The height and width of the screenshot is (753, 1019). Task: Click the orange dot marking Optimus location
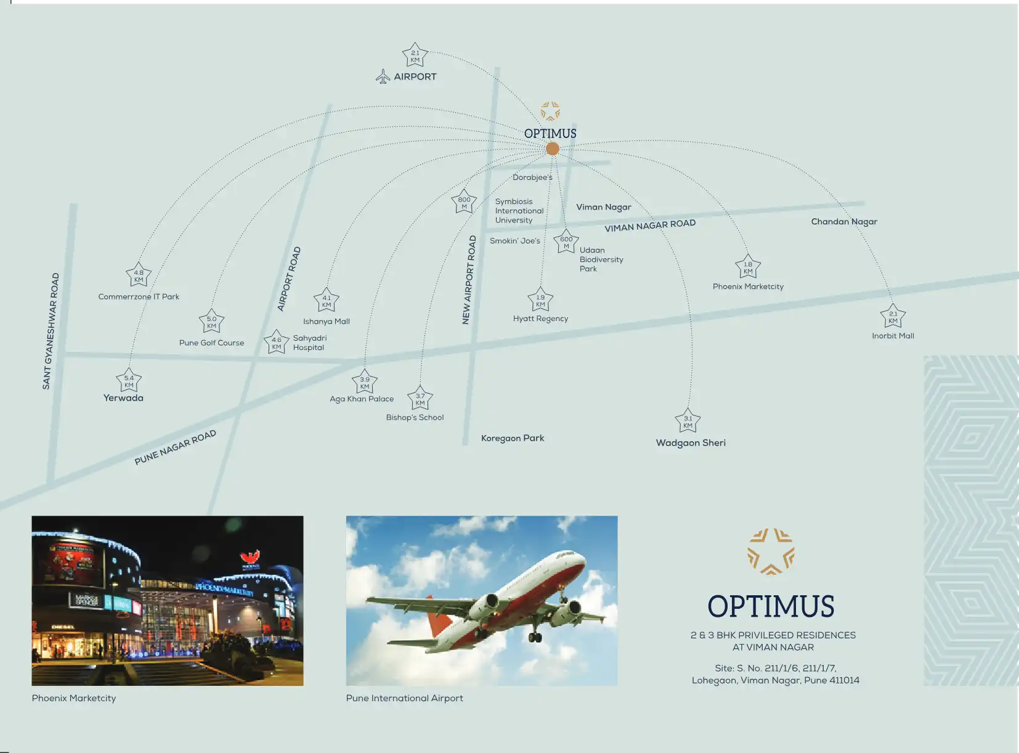coord(553,149)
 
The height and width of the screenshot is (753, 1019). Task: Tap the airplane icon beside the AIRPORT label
coord(383,76)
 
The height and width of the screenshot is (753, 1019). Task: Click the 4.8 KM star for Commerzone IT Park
coord(139,275)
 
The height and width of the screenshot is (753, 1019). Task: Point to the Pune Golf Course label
coord(211,343)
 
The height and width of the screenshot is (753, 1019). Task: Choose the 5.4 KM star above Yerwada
coord(129,381)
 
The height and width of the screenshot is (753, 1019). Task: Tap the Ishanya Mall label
coord(326,321)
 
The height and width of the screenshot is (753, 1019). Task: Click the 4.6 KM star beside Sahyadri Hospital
coord(277,343)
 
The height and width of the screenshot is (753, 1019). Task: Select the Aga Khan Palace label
coord(362,399)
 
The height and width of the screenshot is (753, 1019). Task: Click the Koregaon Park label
coord(513,438)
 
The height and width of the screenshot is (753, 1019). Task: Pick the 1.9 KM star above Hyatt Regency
coord(540,301)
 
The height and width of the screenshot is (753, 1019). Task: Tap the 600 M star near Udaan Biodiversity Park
coord(566,242)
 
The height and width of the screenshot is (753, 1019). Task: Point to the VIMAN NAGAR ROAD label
coord(650,226)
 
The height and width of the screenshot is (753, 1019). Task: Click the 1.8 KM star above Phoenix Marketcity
coord(748,267)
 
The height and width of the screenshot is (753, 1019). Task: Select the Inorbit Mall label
coord(893,336)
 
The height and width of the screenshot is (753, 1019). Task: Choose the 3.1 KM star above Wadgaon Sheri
coord(688,421)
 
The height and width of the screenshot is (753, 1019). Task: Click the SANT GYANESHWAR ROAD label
coord(51,331)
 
